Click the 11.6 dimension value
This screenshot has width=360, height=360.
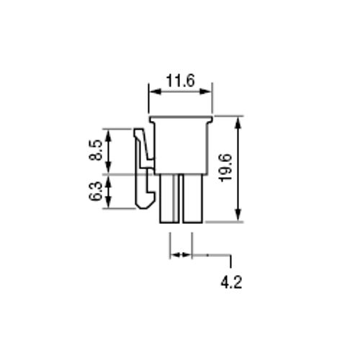point(180,81)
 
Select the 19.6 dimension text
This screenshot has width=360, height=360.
point(225,168)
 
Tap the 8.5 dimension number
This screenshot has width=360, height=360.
point(96,150)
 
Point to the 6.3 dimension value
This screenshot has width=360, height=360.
point(96,192)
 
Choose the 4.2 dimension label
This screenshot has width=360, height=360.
point(231,282)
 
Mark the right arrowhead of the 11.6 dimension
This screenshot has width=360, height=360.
point(206,91)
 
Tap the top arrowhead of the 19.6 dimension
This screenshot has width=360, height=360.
point(238,123)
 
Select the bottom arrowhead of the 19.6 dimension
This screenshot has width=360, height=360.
point(238,215)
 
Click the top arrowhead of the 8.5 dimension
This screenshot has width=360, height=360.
point(109,135)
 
